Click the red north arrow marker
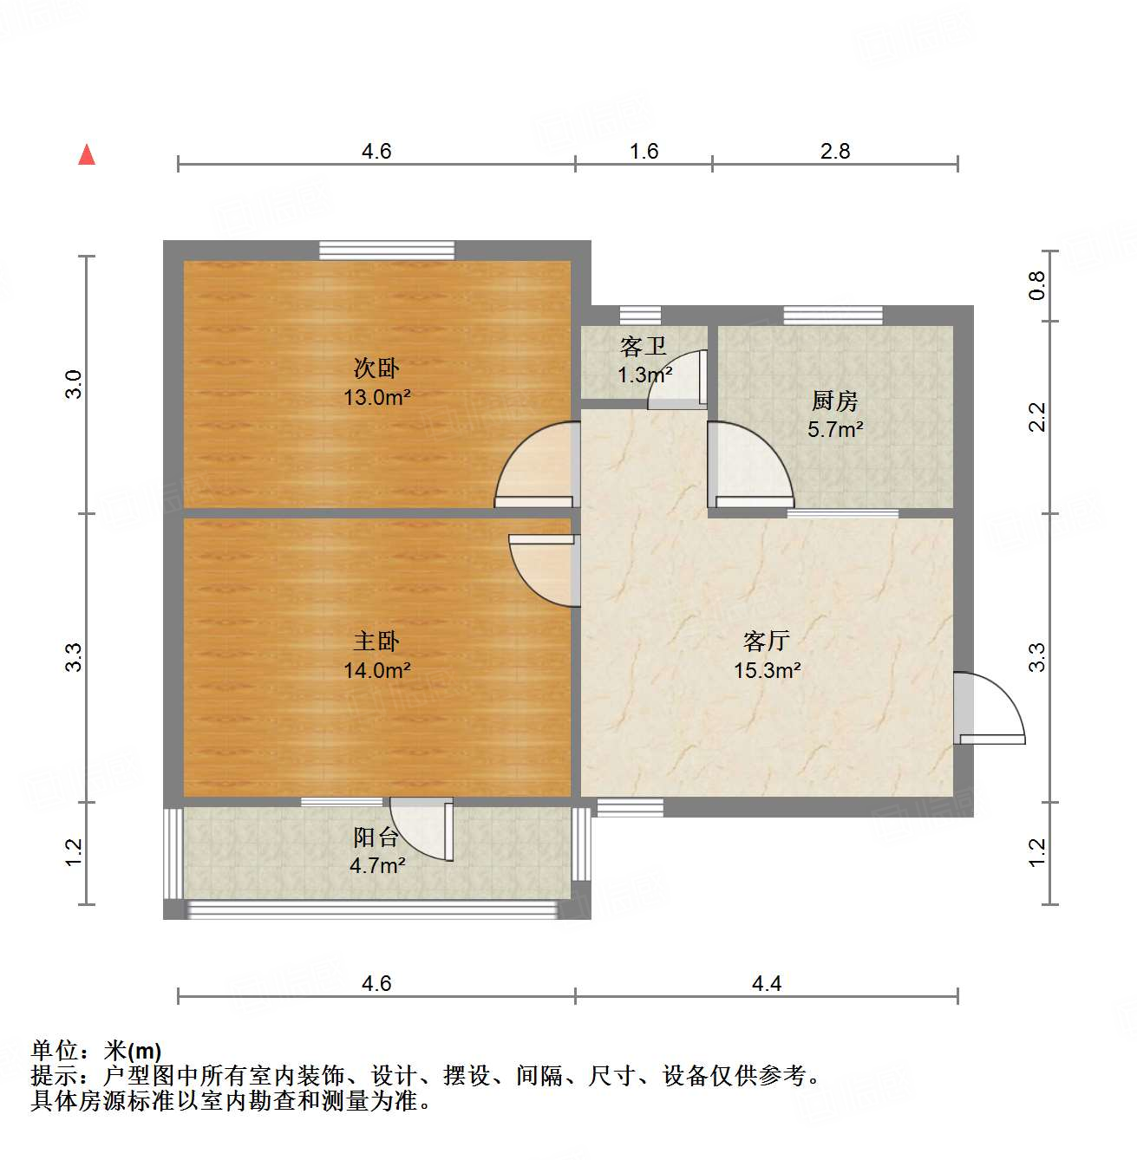[x=87, y=155]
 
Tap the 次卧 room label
[x=376, y=368]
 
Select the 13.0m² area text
[x=376, y=398]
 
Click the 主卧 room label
[x=376, y=641]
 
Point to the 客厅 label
[x=767, y=641]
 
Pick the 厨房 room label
[x=834, y=401]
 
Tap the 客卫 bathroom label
[x=644, y=347]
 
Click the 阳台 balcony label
[x=376, y=837]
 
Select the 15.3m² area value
[x=767, y=670]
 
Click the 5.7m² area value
[x=834, y=429]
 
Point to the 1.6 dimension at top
[x=644, y=152]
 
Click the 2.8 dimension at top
[x=834, y=152]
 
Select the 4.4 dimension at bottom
[x=766, y=983]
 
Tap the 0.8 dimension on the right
[x=1037, y=285]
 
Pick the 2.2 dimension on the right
[x=1037, y=417]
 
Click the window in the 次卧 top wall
[x=386, y=250]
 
